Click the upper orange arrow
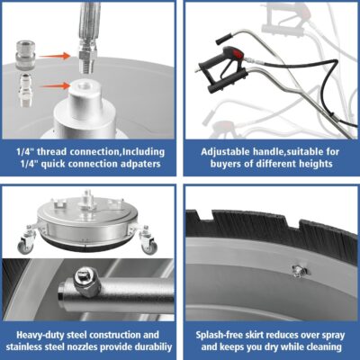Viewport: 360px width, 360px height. pos(56,56)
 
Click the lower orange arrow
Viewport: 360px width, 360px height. pos(56,86)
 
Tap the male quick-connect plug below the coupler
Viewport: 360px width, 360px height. pos(26,91)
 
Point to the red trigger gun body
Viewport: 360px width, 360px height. pos(231,55)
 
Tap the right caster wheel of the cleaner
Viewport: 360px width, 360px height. pos(148,245)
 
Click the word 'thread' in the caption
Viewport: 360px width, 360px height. pos(52,152)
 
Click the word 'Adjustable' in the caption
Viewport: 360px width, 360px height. pos(226,152)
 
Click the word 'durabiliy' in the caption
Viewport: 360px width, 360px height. pos(150,347)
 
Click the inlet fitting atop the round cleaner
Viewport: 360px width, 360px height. pos(87,198)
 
